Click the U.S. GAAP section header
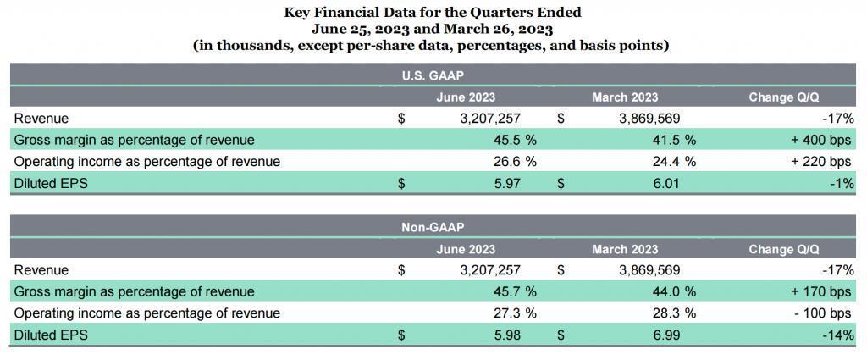coord(433,75)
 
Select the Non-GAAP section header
coord(433,227)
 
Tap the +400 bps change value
coord(820,140)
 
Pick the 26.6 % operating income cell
coord(515,162)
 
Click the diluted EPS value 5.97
coord(509,183)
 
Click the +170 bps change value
coord(820,291)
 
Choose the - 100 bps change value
coord(821,313)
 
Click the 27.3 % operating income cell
coord(515,313)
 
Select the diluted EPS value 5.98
coord(509,335)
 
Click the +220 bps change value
coord(820,162)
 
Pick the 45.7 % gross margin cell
coord(515,291)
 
